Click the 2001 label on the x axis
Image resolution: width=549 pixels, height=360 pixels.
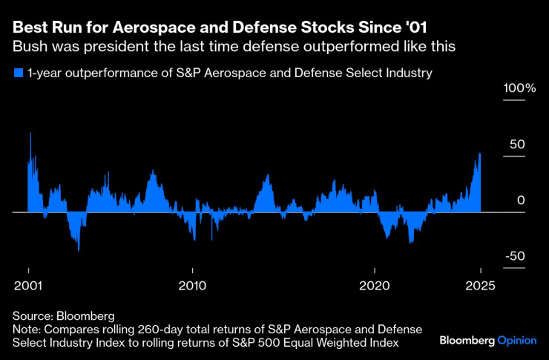[x=28, y=285]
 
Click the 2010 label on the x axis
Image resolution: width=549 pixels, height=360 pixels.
[x=192, y=285]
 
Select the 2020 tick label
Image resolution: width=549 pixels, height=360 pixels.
[x=375, y=285]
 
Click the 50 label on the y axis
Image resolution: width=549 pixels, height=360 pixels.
[x=516, y=144]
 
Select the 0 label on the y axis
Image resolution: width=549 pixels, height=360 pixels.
[x=521, y=200]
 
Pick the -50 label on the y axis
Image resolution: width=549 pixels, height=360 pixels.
[x=515, y=256]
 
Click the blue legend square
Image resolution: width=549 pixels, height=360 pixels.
[x=18, y=73]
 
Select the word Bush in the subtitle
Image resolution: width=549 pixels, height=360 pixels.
[x=29, y=47]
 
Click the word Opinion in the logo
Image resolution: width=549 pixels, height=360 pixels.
[x=518, y=341]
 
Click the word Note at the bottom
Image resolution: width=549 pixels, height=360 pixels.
[x=26, y=328]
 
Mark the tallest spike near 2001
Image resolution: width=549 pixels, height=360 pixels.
[x=30, y=133]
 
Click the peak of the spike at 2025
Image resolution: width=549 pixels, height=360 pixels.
[x=480, y=154]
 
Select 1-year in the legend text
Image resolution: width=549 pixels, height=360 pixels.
[x=43, y=73]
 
